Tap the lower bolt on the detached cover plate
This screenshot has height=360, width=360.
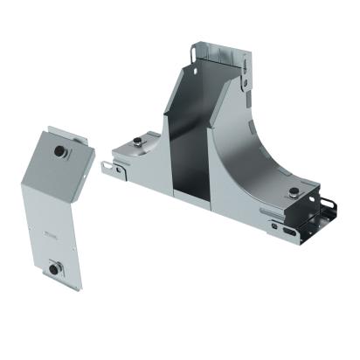click(56, 266)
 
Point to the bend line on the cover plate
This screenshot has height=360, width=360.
click(55, 200)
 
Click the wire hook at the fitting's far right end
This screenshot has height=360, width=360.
click(330, 210)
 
